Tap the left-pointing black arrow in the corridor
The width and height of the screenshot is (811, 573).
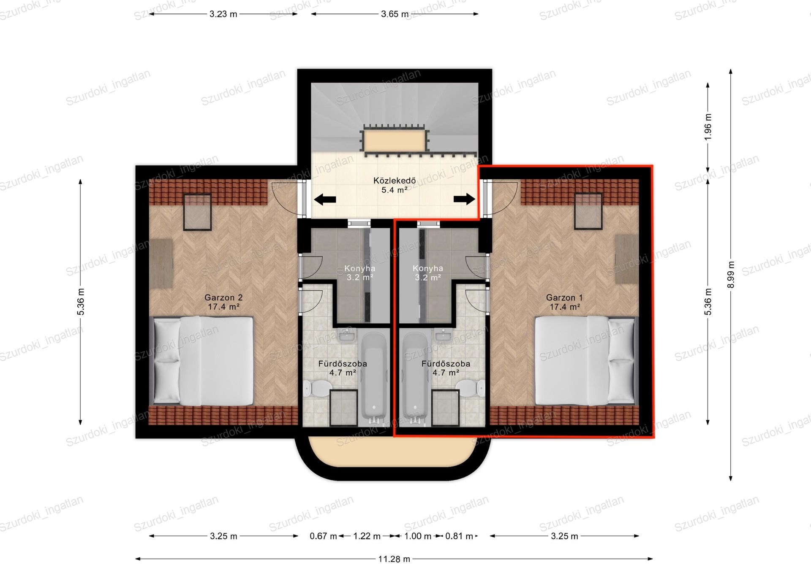(325, 200)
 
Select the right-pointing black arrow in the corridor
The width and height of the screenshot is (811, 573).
(464, 199)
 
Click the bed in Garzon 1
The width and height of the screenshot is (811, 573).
(585, 361)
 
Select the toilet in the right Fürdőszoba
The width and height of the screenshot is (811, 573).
(471, 387)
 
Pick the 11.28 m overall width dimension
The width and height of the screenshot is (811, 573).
(394, 559)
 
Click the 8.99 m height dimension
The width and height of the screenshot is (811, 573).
(731, 275)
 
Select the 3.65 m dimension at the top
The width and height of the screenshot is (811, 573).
(395, 14)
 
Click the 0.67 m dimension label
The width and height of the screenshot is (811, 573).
(323, 536)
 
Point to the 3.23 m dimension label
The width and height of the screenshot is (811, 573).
(223, 14)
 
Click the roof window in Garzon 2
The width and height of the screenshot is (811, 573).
(197, 212)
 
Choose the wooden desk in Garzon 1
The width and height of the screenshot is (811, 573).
(627, 259)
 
